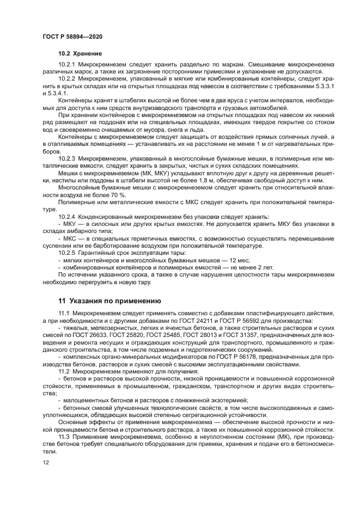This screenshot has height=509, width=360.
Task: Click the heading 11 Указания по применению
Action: (108, 300)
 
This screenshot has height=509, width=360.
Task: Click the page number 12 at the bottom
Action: (46, 462)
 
